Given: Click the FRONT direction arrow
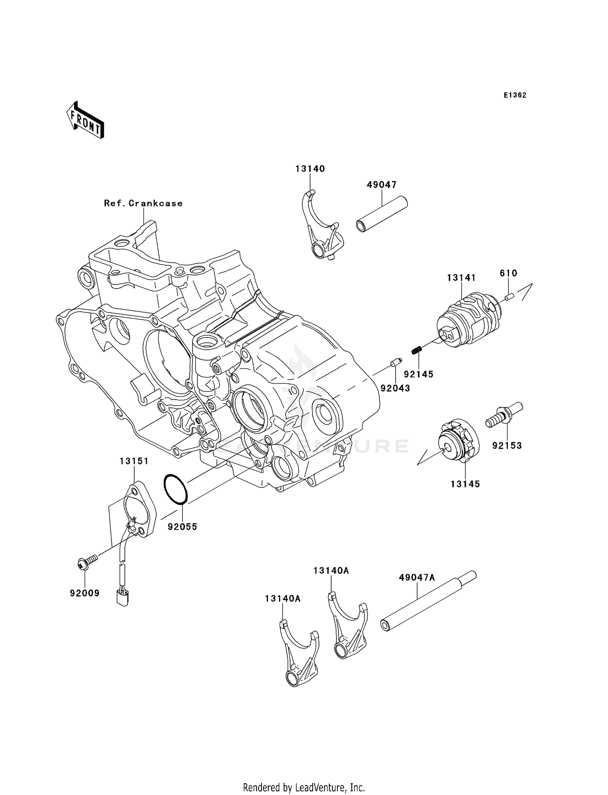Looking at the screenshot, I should (86, 121).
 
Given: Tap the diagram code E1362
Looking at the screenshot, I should (515, 95).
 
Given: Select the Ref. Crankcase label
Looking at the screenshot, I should (143, 203).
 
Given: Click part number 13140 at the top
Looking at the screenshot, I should (310, 169).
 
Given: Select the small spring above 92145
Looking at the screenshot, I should (417, 349).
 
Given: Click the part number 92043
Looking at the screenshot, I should (395, 388).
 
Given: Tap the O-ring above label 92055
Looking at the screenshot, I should (176, 489).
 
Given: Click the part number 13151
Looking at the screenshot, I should (134, 461).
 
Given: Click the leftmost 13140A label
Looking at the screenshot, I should (283, 598).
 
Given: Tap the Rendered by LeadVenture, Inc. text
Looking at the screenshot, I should (304, 788).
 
